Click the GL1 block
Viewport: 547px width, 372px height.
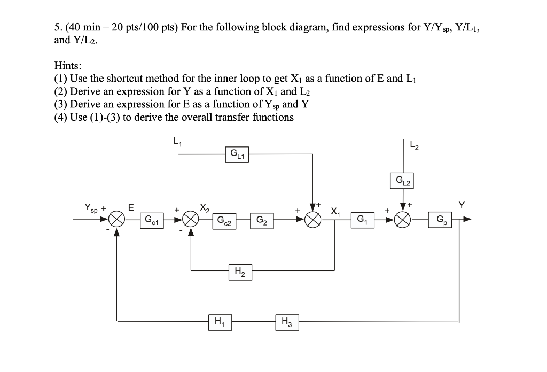click(x=237, y=155)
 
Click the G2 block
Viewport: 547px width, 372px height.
click(x=262, y=220)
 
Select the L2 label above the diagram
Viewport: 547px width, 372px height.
click(x=413, y=144)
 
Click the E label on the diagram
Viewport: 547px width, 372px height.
click(x=130, y=207)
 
